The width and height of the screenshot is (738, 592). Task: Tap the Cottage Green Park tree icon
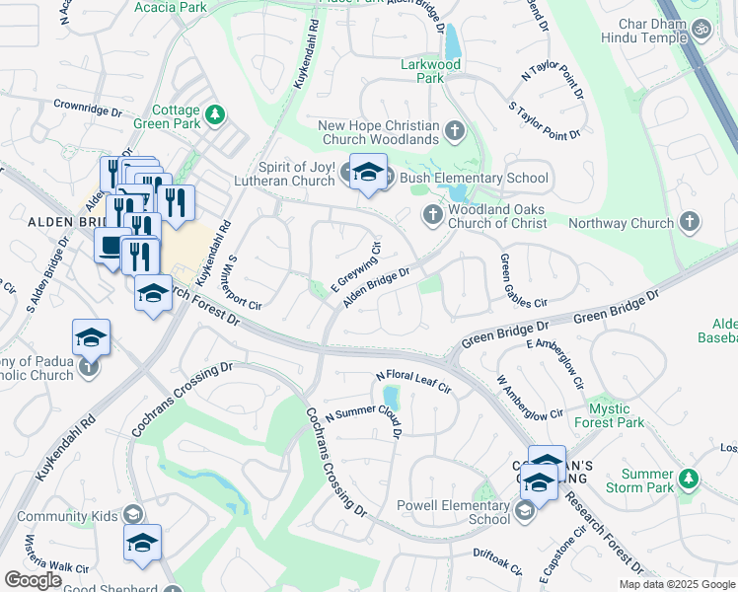click(x=214, y=117)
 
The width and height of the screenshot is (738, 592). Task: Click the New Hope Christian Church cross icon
click(x=455, y=130)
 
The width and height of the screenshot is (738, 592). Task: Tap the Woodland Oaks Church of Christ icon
click(x=431, y=214)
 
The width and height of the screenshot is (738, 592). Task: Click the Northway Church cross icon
click(x=689, y=223)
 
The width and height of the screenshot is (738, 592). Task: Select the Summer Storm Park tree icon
click(x=688, y=481)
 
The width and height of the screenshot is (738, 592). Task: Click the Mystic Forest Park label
click(x=629, y=415)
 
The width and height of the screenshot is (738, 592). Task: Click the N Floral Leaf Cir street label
click(x=412, y=383)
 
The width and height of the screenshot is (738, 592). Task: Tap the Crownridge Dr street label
click(x=88, y=108)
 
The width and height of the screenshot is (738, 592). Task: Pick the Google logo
click(x=33, y=580)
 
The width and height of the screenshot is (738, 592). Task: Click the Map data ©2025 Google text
click(x=676, y=584)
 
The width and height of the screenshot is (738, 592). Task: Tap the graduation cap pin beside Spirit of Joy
click(x=368, y=175)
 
